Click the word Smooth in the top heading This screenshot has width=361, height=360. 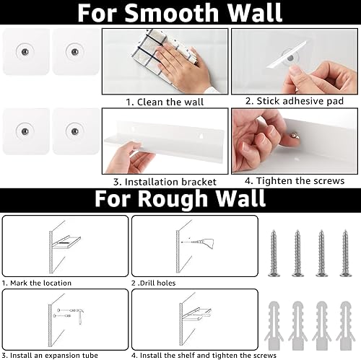pyautogui.click(x=172, y=12)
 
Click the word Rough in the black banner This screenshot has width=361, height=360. pyautogui.click(x=173, y=198)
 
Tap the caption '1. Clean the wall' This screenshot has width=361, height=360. pyautogui.click(x=165, y=102)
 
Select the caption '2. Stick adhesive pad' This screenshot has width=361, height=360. pyautogui.click(x=295, y=101)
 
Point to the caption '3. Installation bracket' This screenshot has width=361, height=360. pyautogui.click(x=165, y=182)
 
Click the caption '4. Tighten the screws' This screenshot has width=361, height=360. pyautogui.click(x=295, y=181)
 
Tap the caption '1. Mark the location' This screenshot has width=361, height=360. pyautogui.click(x=37, y=283)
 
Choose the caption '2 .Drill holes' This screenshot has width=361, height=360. pyautogui.click(x=153, y=283)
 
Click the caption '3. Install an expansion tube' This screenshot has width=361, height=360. pyautogui.click(x=50, y=355)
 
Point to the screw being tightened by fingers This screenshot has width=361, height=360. pyautogui.click(x=294, y=135)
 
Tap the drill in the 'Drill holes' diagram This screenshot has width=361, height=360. pyautogui.click(x=202, y=242)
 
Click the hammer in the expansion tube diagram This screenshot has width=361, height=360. pyautogui.click(x=79, y=316)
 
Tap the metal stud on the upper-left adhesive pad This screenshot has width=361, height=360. pyautogui.click(x=25, y=52)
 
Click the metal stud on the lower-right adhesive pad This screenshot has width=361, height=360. pyautogui.click(x=74, y=131)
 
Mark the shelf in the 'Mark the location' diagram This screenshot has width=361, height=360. pyautogui.click(x=67, y=242)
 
